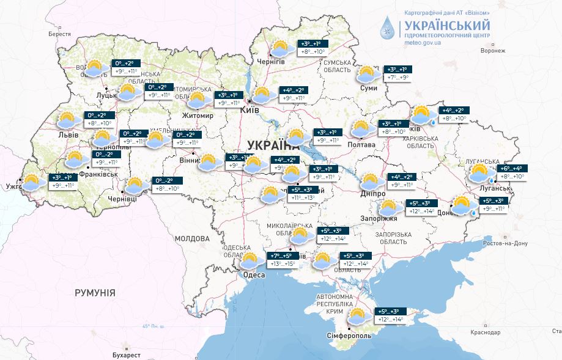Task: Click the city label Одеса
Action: click(x=254, y=275)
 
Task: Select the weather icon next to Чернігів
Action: click(x=280, y=49)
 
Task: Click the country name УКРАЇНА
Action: click(x=274, y=145)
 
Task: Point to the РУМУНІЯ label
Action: click(x=95, y=293)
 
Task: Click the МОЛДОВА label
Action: click(x=192, y=238)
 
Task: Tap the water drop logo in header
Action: click(x=388, y=27)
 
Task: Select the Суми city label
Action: click(x=369, y=89)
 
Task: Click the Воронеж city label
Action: click(x=493, y=51)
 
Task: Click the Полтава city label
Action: click(x=361, y=145)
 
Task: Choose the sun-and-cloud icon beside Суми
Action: click(x=368, y=75)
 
